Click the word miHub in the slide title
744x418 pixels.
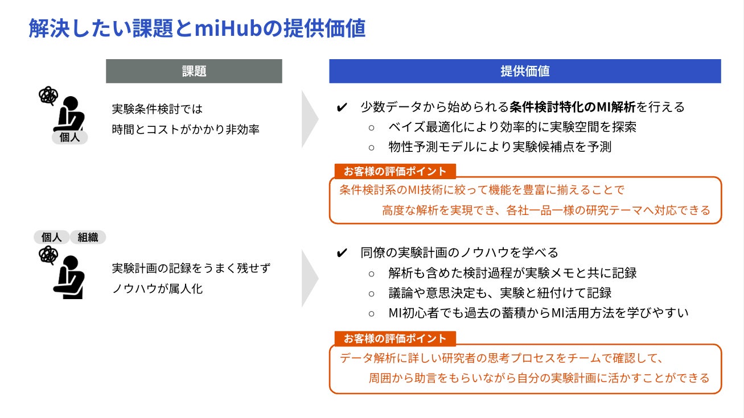(231, 28)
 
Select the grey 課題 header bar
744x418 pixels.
(194, 71)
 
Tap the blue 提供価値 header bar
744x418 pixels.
(525, 71)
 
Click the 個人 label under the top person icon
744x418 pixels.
(69, 137)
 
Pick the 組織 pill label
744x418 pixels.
(88, 237)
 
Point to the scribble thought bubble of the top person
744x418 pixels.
(48, 96)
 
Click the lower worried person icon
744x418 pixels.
(69, 277)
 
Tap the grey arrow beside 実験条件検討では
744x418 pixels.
(310, 119)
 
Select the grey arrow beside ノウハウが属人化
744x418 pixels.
(310, 278)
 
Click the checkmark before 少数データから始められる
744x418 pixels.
(342, 107)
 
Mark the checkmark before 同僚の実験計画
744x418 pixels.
(342, 253)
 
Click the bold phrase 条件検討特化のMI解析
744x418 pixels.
(573, 107)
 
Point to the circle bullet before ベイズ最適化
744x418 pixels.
(372, 127)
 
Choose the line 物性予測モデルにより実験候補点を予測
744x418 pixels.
(500, 147)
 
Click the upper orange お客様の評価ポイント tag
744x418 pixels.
(395, 171)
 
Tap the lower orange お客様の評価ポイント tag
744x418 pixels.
(395, 338)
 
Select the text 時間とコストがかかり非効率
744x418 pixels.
(186, 129)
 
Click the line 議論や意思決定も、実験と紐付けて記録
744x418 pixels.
(500, 293)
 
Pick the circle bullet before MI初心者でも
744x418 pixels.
(372, 313)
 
